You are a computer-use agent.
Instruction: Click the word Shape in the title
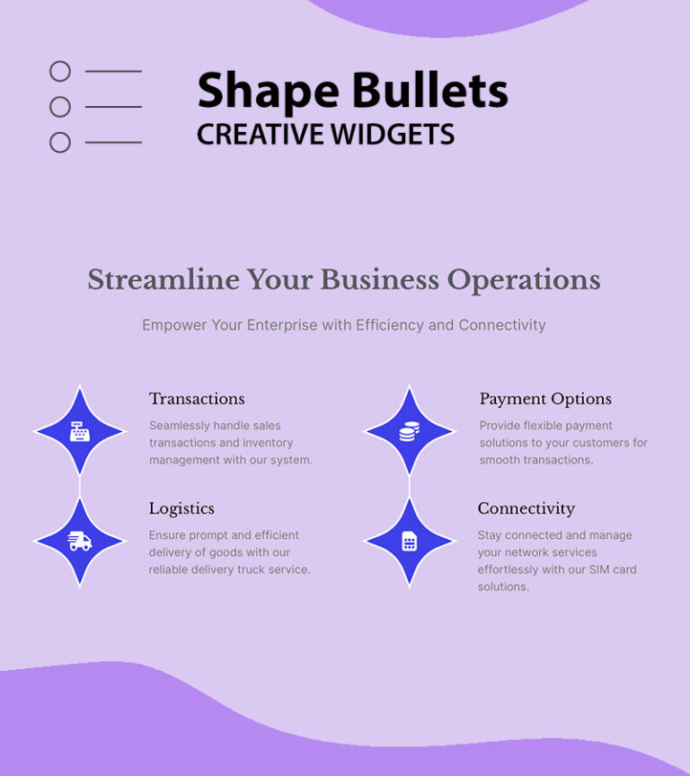click(269, 93)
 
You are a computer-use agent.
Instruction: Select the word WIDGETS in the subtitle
click(392, 135)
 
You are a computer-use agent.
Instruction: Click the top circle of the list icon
click(60, 71)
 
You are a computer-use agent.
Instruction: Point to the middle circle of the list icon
click(60, 107)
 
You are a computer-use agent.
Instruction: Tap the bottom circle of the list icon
click(60, 142)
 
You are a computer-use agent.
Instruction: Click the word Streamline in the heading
click(164, 280)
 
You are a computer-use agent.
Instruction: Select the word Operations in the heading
click(524, 280)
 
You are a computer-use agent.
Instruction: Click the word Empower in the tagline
click(174, 325)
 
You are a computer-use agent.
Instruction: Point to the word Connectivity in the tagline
click(502, 325)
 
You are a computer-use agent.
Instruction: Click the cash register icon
click(80, 432)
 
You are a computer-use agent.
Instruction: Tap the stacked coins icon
click(409, 432)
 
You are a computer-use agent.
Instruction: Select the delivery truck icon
click(80, 542)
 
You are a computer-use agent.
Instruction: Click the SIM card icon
click(410, 542)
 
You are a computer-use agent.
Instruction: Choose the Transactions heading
click(197, 399)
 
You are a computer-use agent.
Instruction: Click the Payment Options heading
click(545, 399)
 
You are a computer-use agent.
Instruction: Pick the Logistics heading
click(181, 508)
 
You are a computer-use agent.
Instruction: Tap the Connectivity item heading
click(526, 508)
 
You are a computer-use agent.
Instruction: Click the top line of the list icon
click(113, 71)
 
